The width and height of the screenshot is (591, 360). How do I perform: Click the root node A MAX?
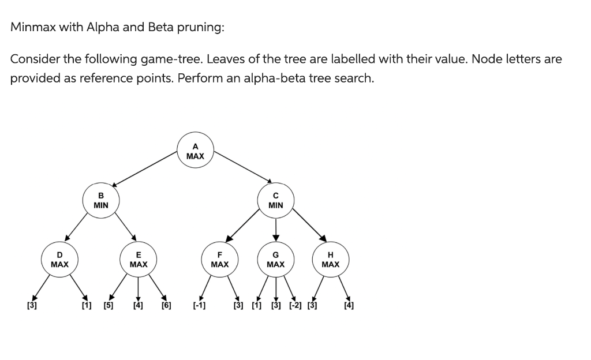(195, 151)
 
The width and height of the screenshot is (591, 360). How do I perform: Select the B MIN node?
(101, 200)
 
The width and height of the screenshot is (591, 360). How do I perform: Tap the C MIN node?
(276, 200)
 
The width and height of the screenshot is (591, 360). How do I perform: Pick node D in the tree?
(59, 260)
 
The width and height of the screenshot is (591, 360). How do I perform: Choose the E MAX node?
(139, 260)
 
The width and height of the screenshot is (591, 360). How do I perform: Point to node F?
(220, 260)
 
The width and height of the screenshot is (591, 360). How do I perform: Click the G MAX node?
(276, 260)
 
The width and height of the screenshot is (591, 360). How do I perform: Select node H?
(330, 260)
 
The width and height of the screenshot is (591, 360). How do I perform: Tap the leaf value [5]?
(108, 306)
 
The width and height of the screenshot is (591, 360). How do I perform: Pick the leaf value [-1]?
(199, 306)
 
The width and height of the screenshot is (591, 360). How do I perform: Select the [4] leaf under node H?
(349, 306)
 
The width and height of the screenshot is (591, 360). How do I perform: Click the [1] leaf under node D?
(86, 306)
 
